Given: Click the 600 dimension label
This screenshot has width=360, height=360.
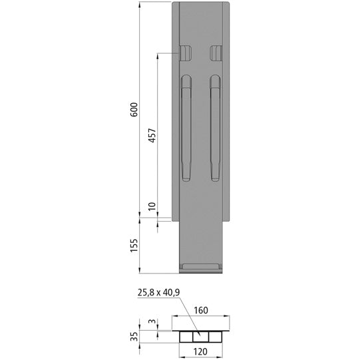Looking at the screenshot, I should pyautogui.click(x=134, y=110).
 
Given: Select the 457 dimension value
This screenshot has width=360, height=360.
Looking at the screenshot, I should pyautogui.click(x=152, y=136).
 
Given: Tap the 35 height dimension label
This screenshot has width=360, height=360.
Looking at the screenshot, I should pyautogui.click(x=134, y=336).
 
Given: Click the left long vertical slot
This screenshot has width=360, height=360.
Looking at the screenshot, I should pyautogui.click(x=187, y=128).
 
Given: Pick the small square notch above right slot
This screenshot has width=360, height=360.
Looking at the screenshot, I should pyautogui.click(x=216, y=53).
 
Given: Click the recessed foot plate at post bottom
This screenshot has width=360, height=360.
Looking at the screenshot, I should pyautogui.click(x=202, y=268).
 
